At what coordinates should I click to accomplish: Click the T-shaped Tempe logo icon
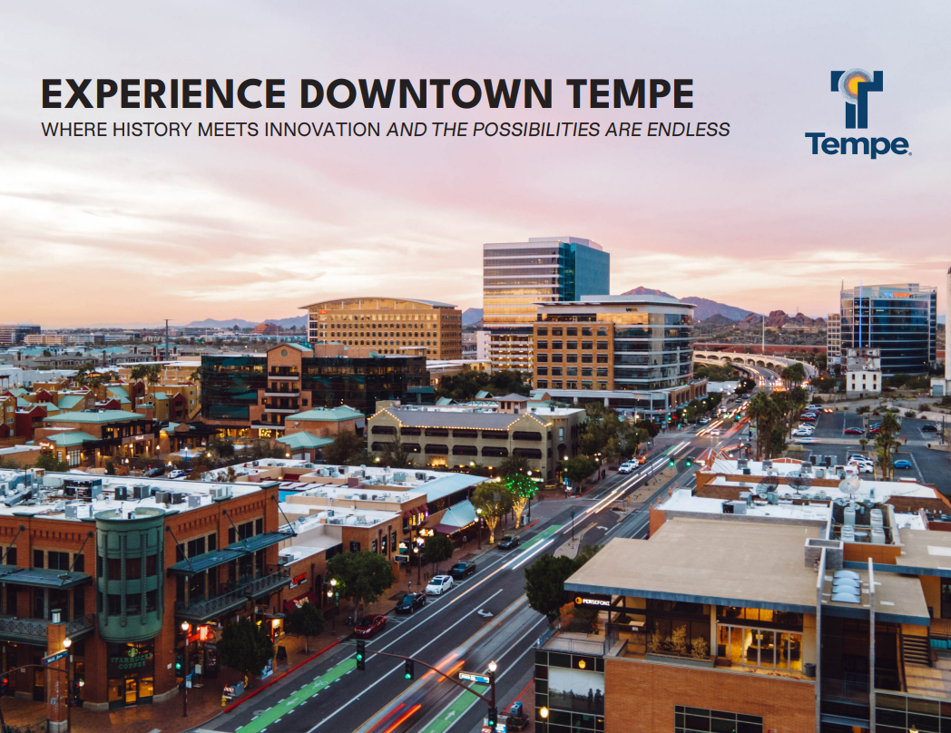pos(857,98)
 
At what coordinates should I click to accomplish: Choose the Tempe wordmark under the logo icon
pos(857,145)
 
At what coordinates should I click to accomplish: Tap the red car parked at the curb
pos(369,624)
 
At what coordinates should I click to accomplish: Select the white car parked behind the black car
pos(439,584)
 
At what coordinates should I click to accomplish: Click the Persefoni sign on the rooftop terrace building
pos(592,601)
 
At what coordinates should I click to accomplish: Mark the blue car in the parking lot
pos(902,464)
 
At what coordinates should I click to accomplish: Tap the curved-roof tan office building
pos(386,328)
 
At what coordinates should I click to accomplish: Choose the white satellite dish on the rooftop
pos(848,485)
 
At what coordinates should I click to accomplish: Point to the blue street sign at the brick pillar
pos(55,657)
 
